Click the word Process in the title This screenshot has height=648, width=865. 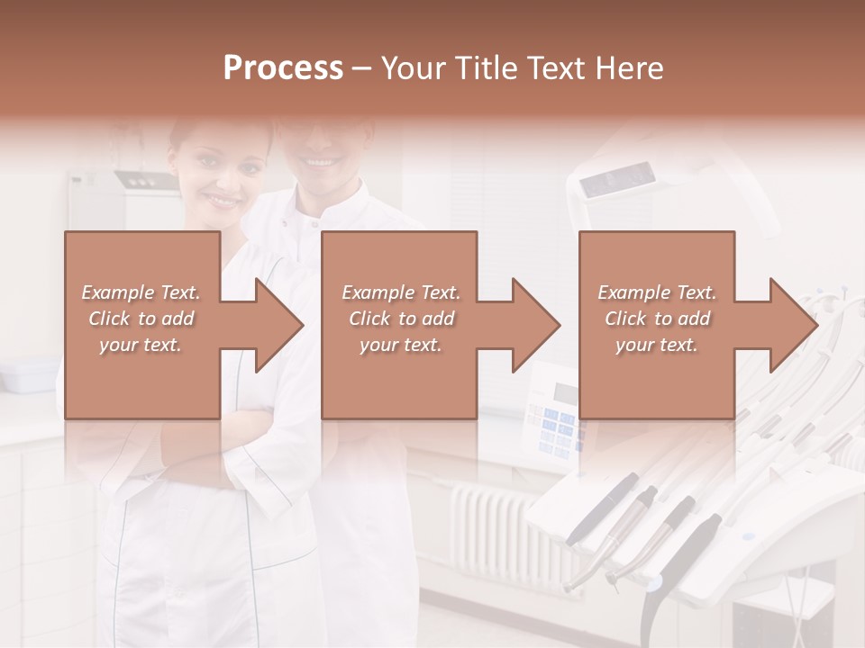point(283,67)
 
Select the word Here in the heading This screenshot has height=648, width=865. point(629,67)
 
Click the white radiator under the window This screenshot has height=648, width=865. point(505,531)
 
